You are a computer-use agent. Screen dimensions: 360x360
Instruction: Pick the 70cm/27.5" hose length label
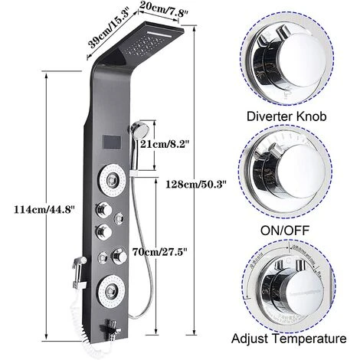[x=184, y=249]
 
